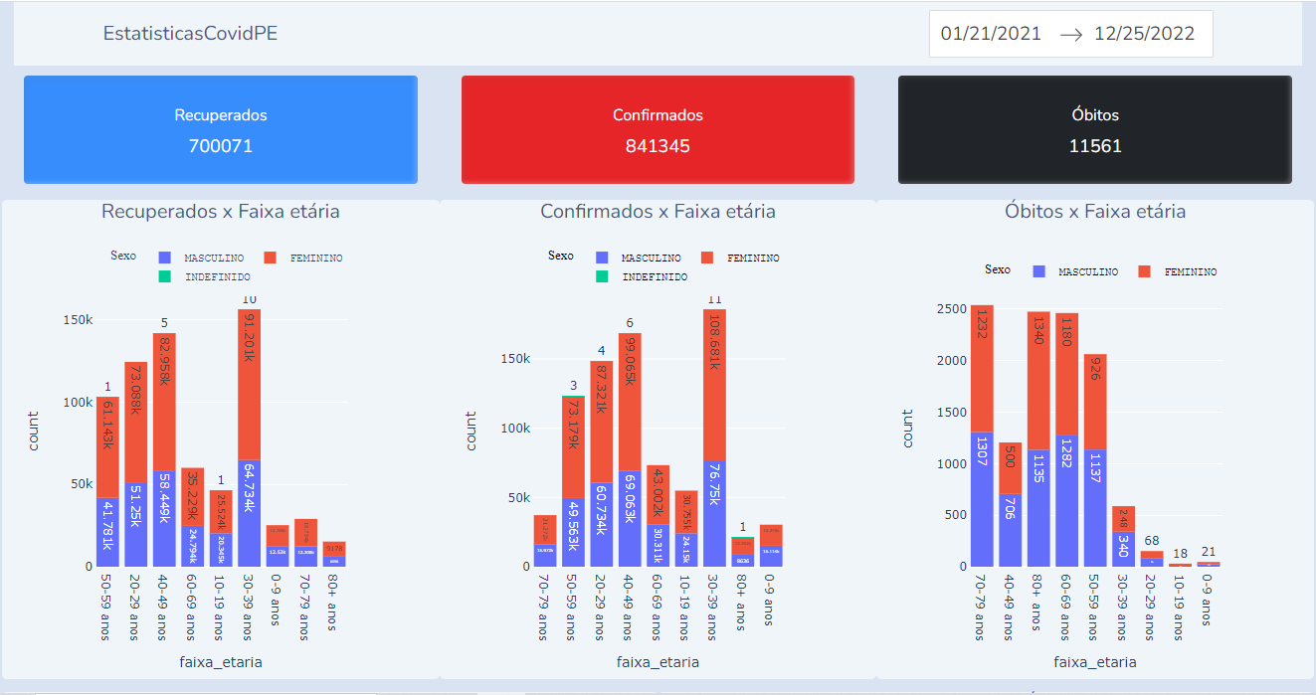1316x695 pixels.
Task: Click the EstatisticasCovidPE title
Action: [x=190, y=34]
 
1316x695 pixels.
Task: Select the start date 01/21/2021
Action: [x=991, y=34]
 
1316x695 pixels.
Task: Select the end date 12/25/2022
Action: [x=1144, y=34]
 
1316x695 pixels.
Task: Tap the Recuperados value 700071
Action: [x=221, y=146]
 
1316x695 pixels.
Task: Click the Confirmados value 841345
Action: [x=658, y=146]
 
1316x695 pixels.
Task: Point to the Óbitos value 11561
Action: [x=1094, y=146]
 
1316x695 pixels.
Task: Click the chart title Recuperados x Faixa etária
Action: [x=221, y=212]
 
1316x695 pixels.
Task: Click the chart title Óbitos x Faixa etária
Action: [x=1094, y=212]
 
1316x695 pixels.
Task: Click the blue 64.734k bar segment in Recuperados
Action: [x=249, y=512]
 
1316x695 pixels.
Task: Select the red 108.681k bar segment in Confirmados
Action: [x=713, y=385]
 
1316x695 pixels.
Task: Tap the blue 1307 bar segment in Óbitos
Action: [x=982, y=497]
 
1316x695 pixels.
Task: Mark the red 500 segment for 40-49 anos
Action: [x=1011, y=468]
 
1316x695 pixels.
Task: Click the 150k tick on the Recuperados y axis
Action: [x=77, y=320]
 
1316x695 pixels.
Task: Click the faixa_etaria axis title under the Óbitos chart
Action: [x=1094, y=662]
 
